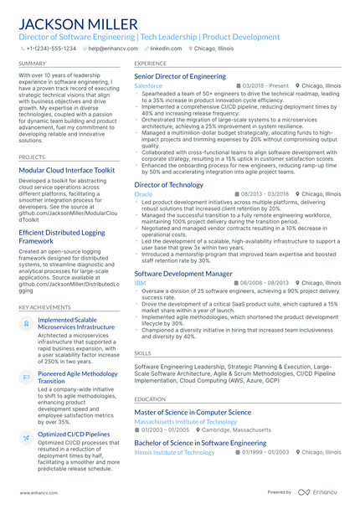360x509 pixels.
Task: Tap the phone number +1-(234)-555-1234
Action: point(51,49)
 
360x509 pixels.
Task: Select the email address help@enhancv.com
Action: point(112,49)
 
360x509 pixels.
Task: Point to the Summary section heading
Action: point(33,63)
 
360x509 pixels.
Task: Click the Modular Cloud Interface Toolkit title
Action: point(67,170)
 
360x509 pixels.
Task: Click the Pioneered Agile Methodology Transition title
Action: point(78,377)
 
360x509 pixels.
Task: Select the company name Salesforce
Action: point(148,86)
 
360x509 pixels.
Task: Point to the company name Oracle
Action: point(143,194)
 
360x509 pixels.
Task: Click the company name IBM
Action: point(139,284)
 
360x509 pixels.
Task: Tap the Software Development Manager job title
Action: point(183,274)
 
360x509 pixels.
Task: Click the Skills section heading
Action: point(142,353)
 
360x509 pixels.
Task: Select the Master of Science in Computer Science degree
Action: point(193,412)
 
